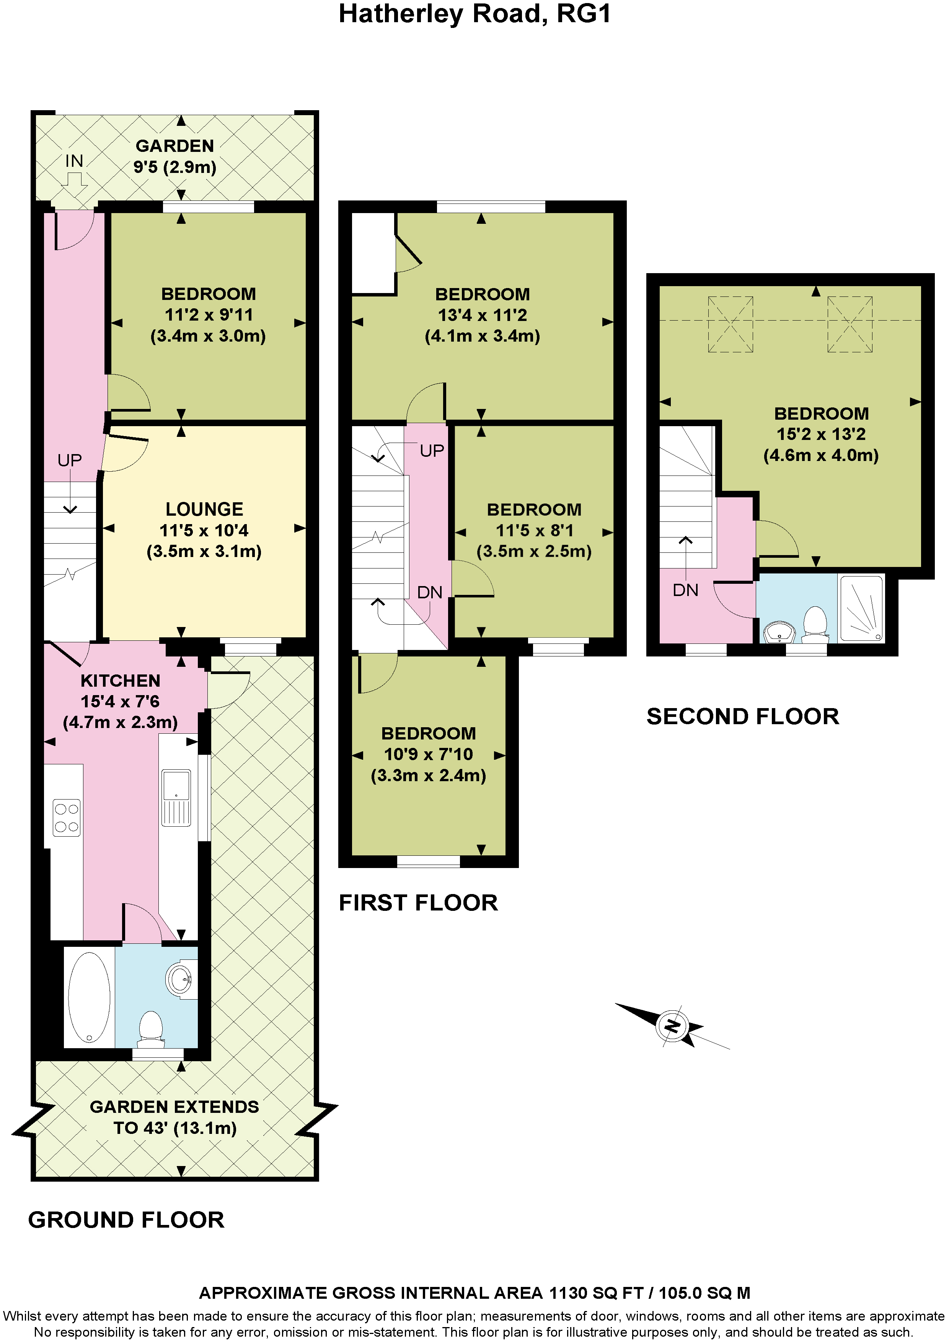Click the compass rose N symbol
672,1025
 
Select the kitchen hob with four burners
66,818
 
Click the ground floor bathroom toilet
152,1029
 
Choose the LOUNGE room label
204,509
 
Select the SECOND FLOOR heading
743,716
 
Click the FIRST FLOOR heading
418,902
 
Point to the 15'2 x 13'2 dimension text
821,434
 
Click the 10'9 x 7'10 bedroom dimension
428,754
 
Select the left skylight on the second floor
731,324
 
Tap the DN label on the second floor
685,590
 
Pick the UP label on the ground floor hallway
70,461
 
